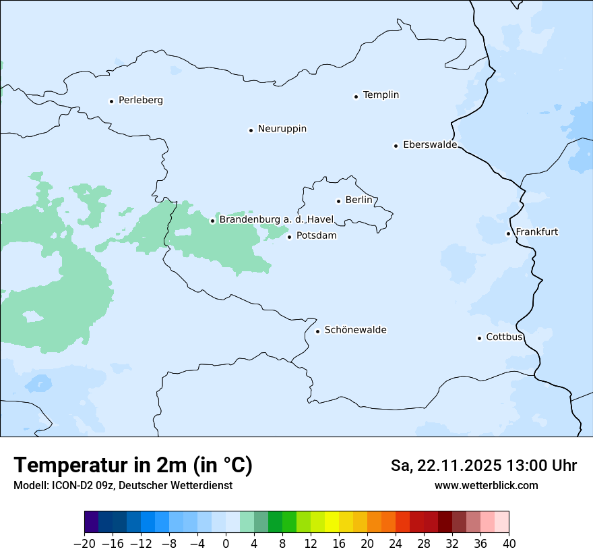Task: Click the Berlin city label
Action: [x=358, y=200]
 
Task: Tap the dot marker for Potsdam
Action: [x=290, y=237]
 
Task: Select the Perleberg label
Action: [x=140, y=101]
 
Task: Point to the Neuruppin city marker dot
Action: [x=251, y=130]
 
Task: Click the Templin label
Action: [x=381, y=95]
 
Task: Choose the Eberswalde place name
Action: [x=429, y=145]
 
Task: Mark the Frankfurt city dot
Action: [x=508, y=234]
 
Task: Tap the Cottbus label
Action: [x=504, y=337]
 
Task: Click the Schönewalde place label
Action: [x=355, y=330]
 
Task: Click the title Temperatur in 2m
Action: [x=133, y=466]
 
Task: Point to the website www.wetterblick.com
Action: [x=486, y=486]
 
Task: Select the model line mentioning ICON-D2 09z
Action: [x=123, y=486]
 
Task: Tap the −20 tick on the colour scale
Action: [x=84, y=544]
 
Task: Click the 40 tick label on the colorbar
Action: [x=509, y=544]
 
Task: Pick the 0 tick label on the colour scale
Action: [x=226, y=544]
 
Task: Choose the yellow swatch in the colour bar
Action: [x=332, y=522]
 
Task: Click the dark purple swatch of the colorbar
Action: [x=92, y=522]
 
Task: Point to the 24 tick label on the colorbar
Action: [x=396, y=544]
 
